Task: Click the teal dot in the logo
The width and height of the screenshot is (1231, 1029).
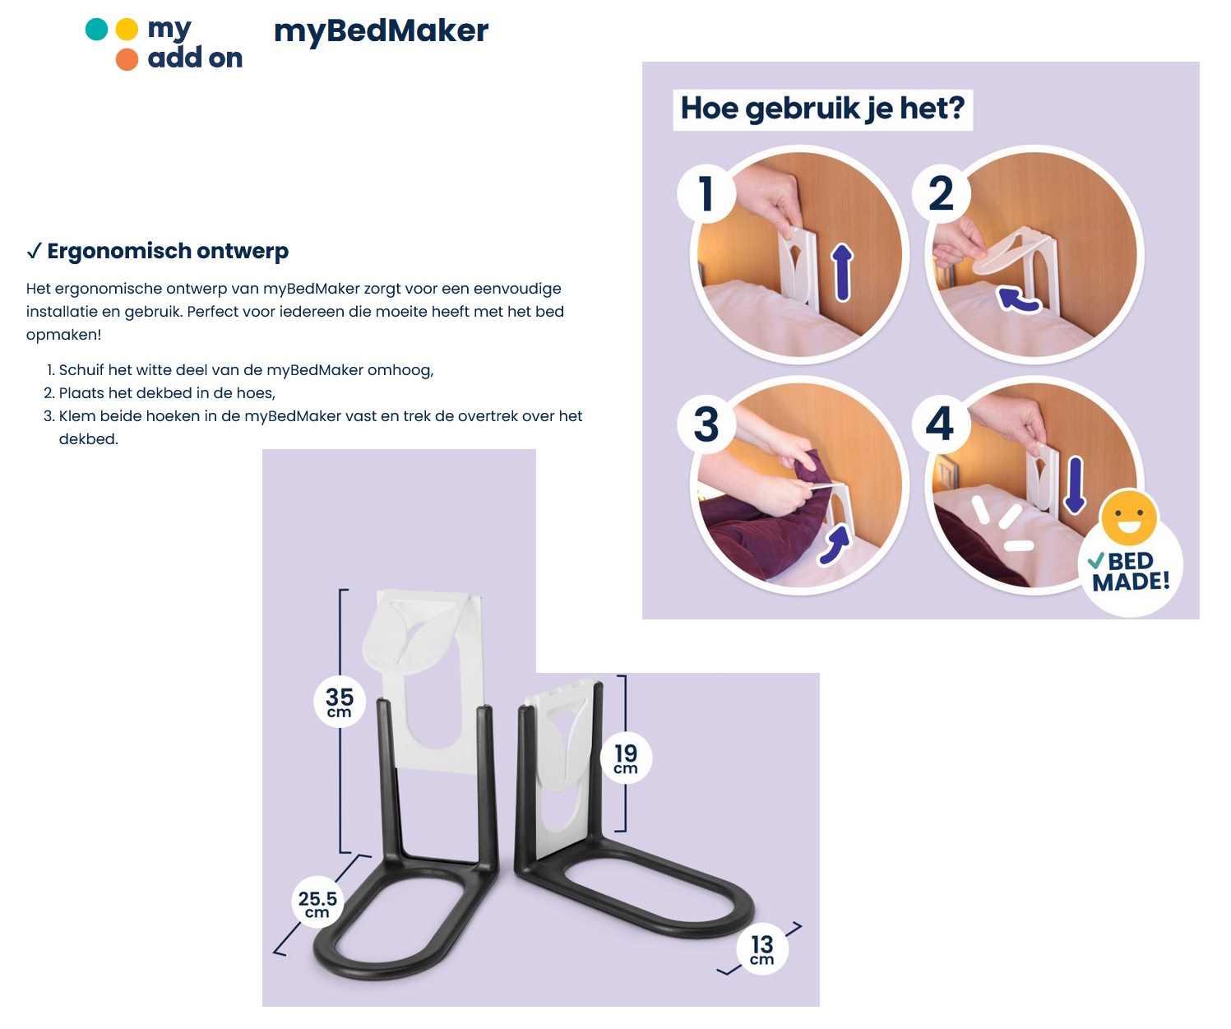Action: (97, 30)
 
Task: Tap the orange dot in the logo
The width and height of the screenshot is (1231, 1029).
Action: (127, 59)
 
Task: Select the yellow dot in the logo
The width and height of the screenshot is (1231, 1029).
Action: (127, 30)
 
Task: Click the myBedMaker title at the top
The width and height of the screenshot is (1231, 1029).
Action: (381, 31)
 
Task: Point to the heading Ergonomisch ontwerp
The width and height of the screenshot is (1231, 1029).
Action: (167, 251)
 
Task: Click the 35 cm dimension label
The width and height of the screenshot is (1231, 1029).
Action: (340, 702)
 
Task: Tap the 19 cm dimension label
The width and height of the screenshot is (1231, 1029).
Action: (626, 758)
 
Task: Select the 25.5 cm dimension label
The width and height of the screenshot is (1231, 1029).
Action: (317, 903)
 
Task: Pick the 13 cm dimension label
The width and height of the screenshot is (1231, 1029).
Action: (762, 949)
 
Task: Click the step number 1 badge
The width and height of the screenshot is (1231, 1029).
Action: (706, 194)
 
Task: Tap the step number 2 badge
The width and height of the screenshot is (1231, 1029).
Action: (941, 194)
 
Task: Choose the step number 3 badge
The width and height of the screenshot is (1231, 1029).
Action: (706, 424)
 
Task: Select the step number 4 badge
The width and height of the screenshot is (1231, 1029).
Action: (940, 424)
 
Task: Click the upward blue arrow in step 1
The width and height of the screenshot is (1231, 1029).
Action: (842, 272)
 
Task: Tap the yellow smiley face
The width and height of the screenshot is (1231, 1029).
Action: (1129, 517)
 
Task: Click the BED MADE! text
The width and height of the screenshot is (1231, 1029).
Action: (1131, 572)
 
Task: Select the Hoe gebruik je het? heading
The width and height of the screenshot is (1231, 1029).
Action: (822, 109)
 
